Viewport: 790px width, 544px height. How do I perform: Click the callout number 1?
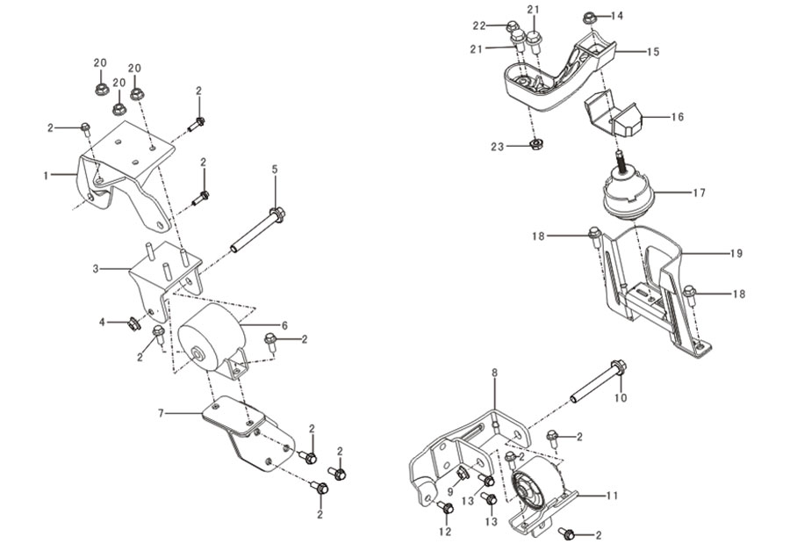[46, 176]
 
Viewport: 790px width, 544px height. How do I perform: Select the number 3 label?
[96, 269]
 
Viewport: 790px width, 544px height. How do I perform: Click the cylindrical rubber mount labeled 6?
[212, 339]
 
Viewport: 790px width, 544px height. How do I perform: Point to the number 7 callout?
[161, 414]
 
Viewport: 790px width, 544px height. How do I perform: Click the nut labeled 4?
[133, 323]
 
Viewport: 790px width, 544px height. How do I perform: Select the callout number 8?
[494, 373]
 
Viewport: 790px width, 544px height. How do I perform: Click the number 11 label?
[612, 496]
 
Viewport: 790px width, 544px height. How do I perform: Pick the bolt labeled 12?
[445, 508]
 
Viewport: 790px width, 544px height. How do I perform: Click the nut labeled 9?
[462, 475]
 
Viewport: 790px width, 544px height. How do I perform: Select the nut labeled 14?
[590, 18]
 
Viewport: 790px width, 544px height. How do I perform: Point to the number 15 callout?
[653, 52]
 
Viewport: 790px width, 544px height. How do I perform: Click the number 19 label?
[736, 253]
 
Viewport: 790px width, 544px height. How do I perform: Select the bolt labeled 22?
[512, 25]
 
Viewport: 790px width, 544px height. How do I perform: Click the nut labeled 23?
[536, 145]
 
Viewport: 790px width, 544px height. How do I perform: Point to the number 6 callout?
[284, 326]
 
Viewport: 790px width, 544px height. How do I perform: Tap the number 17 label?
[700, 192]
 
